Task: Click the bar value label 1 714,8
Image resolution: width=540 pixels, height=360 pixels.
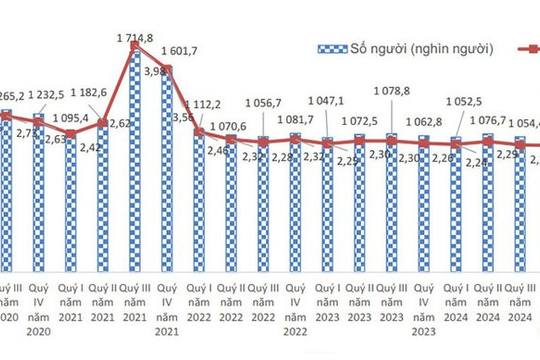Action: (x=135, y=38)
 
